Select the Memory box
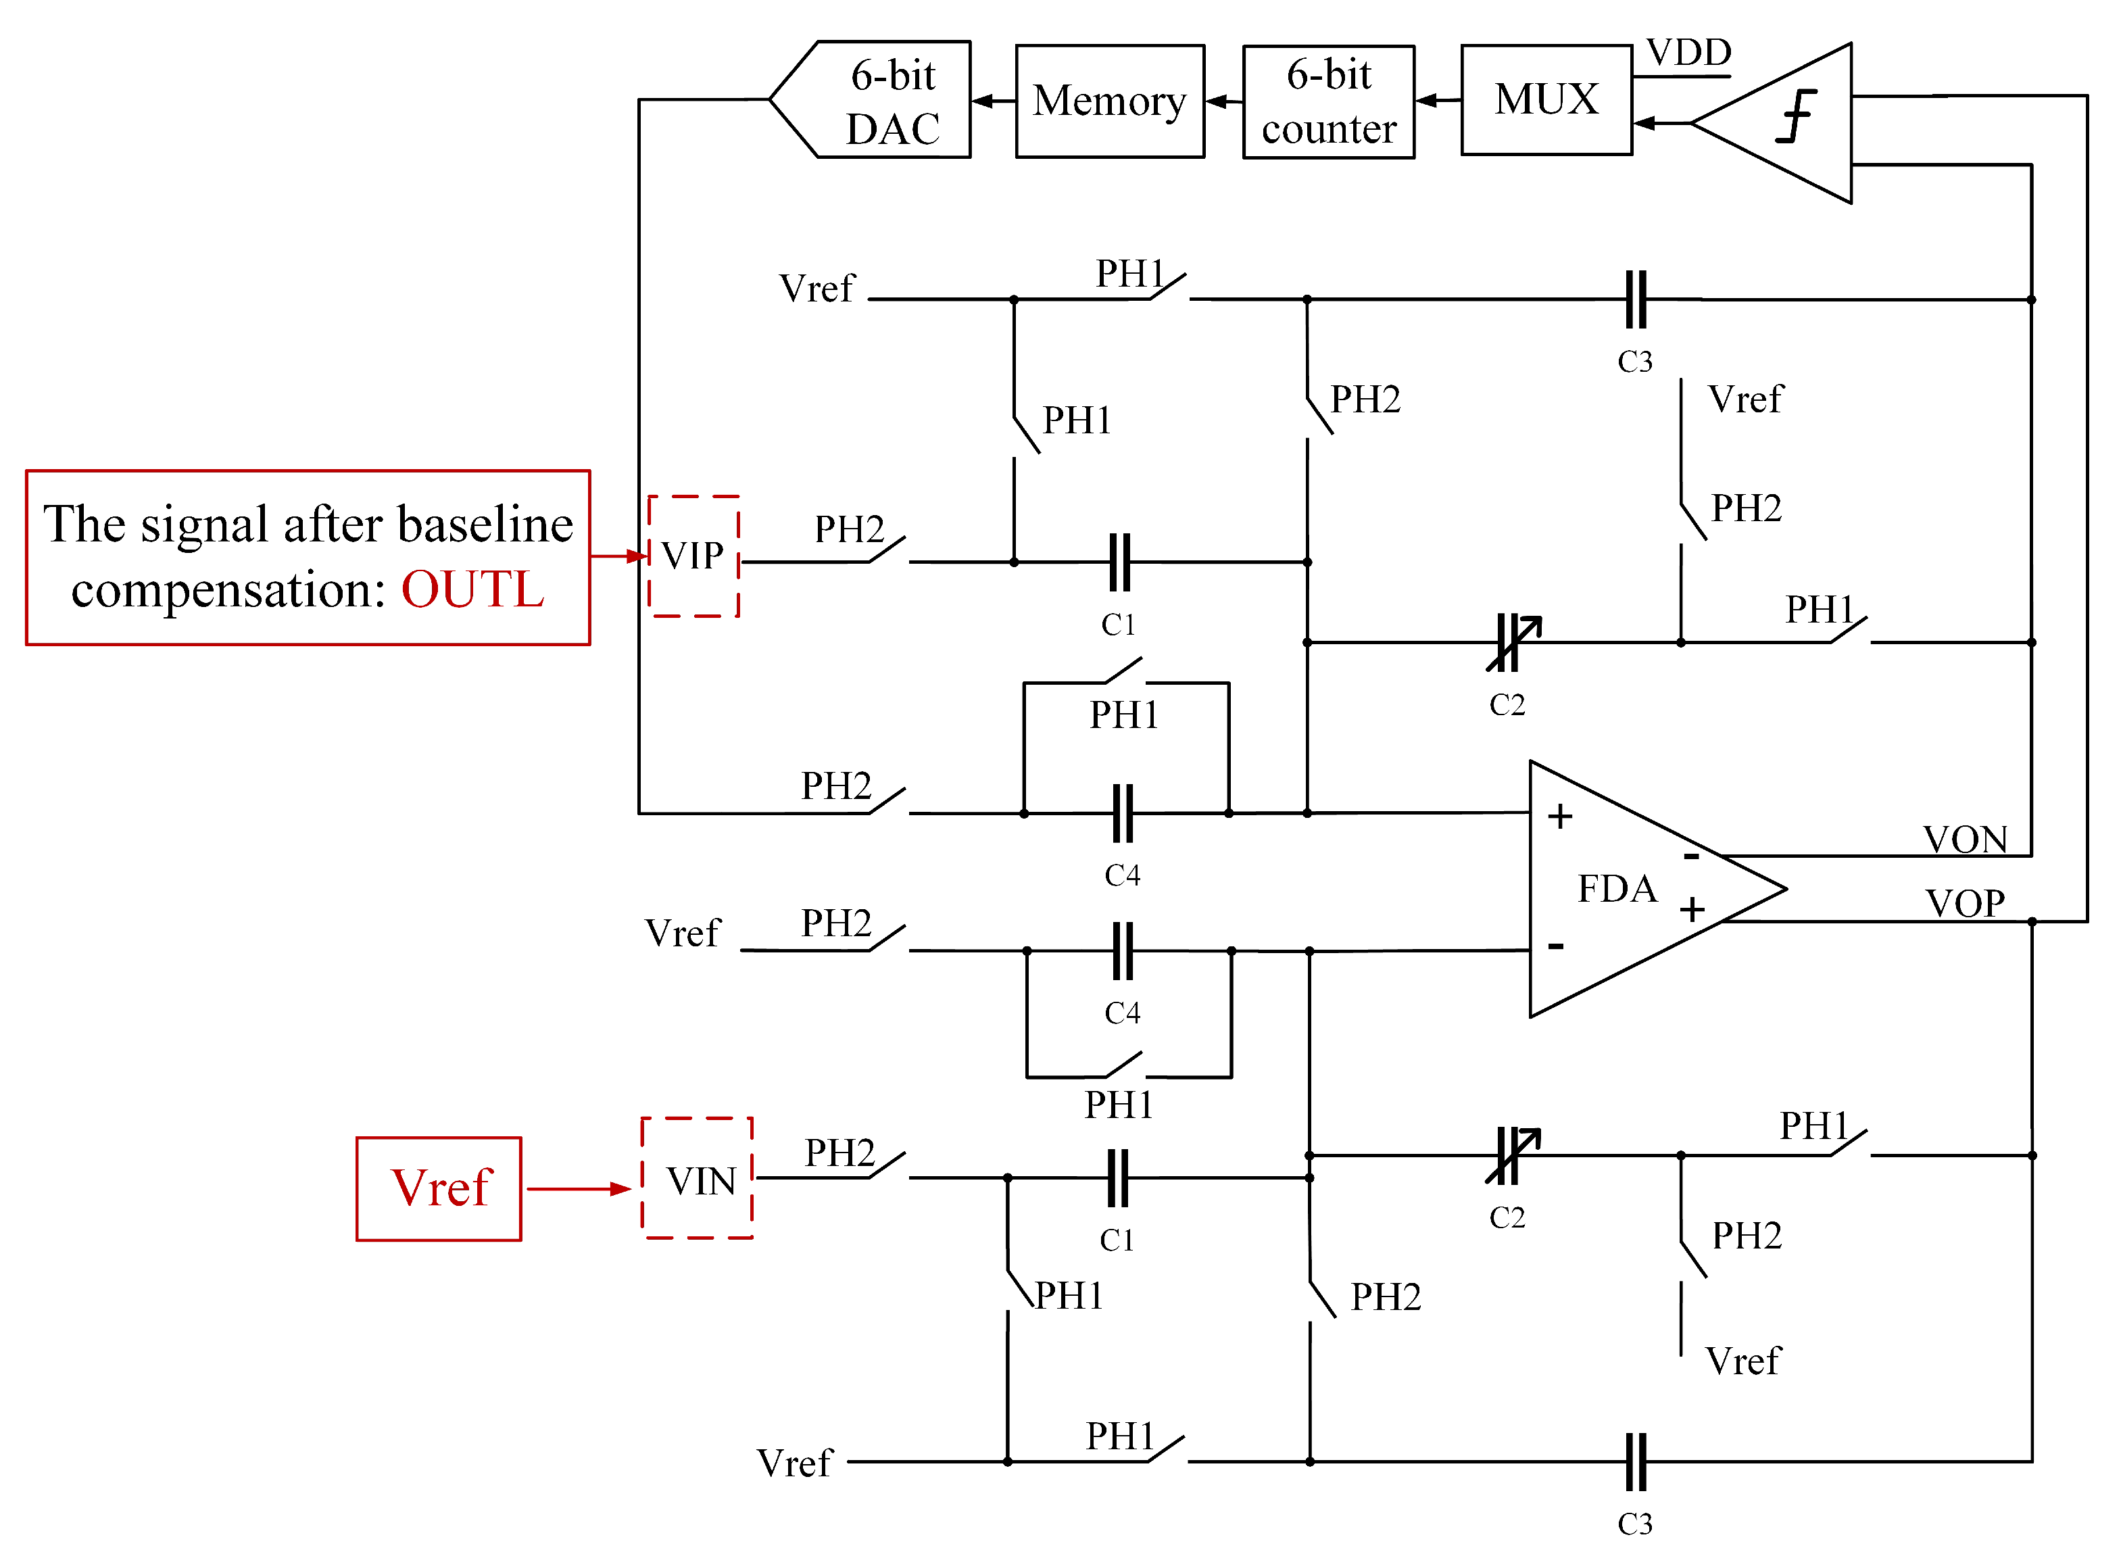(1109, 101)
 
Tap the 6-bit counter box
(1328, 101)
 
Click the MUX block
(1546, 99)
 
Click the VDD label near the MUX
(1688, 53)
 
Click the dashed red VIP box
(693, 556)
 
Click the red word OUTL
(472, 590)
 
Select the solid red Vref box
(439, 1188)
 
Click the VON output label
(1964, 839)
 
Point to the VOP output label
(1964, 904)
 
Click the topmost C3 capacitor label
(1634, 362)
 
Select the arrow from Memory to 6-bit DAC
(993, 101)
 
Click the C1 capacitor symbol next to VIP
(1119, 562)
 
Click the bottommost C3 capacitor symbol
(1636, 1462)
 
